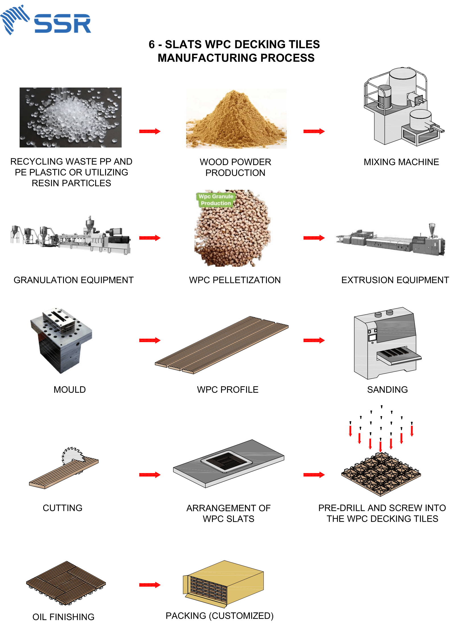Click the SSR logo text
tap(63, 24)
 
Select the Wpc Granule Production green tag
tap(216, 200)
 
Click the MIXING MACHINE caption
tap(401, 162)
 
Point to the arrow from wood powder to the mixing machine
tap(314, 131)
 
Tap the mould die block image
tap(61, 340)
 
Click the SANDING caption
tap(387, 390)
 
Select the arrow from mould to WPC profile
tap(150, 340)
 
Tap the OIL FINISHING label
tap(63, 617)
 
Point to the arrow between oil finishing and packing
tap(150, 585)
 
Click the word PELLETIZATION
tap(246, 280)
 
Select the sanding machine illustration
tap(386, 342)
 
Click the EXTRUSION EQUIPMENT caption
tap(395, 280)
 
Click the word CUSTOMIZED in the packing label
tap(241, 616)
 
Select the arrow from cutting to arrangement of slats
tap(150, 475)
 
